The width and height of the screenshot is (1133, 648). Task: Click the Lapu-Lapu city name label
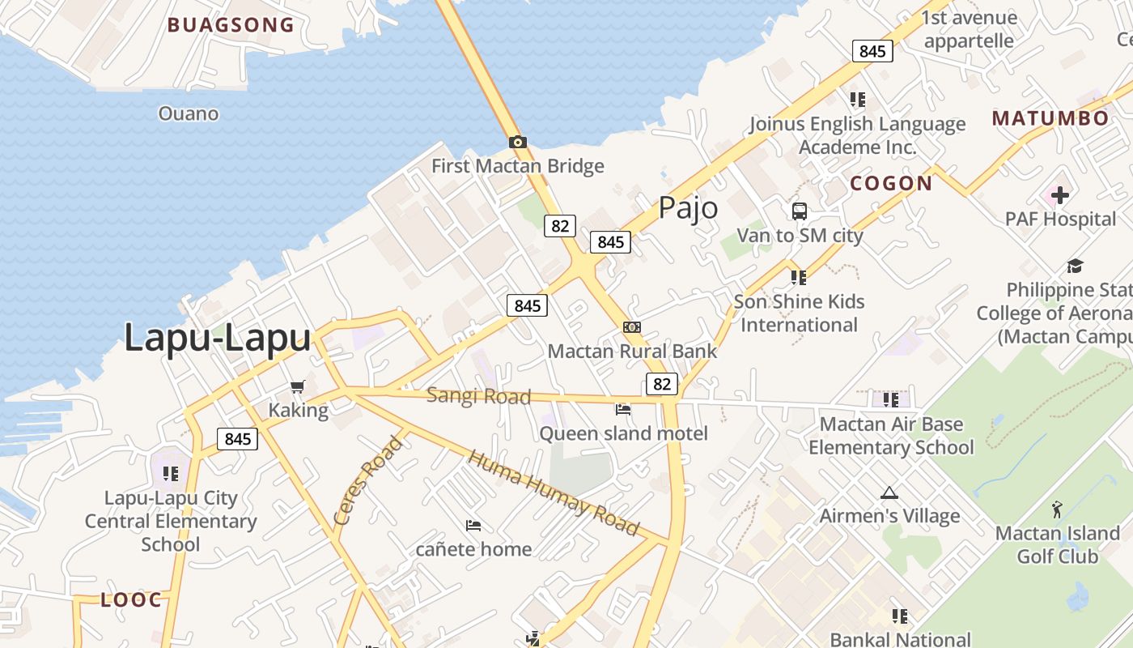[217, 338]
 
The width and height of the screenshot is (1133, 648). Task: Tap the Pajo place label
[688, 208]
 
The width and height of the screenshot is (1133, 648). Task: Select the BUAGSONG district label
[231, 25]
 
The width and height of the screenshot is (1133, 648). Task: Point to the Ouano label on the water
[189, 113]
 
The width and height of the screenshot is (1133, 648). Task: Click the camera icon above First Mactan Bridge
[518, 143]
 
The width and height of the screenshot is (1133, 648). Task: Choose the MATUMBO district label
[1050, 118]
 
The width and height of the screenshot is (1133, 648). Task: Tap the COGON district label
[891, 184]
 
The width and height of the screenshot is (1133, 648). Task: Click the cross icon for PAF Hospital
[1059, 195]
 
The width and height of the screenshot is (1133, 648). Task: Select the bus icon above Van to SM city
[800, 211]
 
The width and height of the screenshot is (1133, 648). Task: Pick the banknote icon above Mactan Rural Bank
[632, 327]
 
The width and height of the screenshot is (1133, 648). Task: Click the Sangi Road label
[478, 396]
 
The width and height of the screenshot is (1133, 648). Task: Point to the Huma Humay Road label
[554, 492]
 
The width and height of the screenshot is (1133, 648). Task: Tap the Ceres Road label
[368, 480]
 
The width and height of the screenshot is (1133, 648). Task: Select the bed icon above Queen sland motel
[623, 410]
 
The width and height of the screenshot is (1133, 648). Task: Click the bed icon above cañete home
[473, 526]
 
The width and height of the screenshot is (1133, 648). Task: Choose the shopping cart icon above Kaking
[298, 386]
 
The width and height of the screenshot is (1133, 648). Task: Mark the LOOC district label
[131, 600]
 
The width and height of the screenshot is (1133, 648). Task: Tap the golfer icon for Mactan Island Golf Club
[1057, 509]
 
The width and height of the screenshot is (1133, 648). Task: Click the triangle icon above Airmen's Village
[889, 492]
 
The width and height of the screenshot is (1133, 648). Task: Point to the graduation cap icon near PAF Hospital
[1075, 266]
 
